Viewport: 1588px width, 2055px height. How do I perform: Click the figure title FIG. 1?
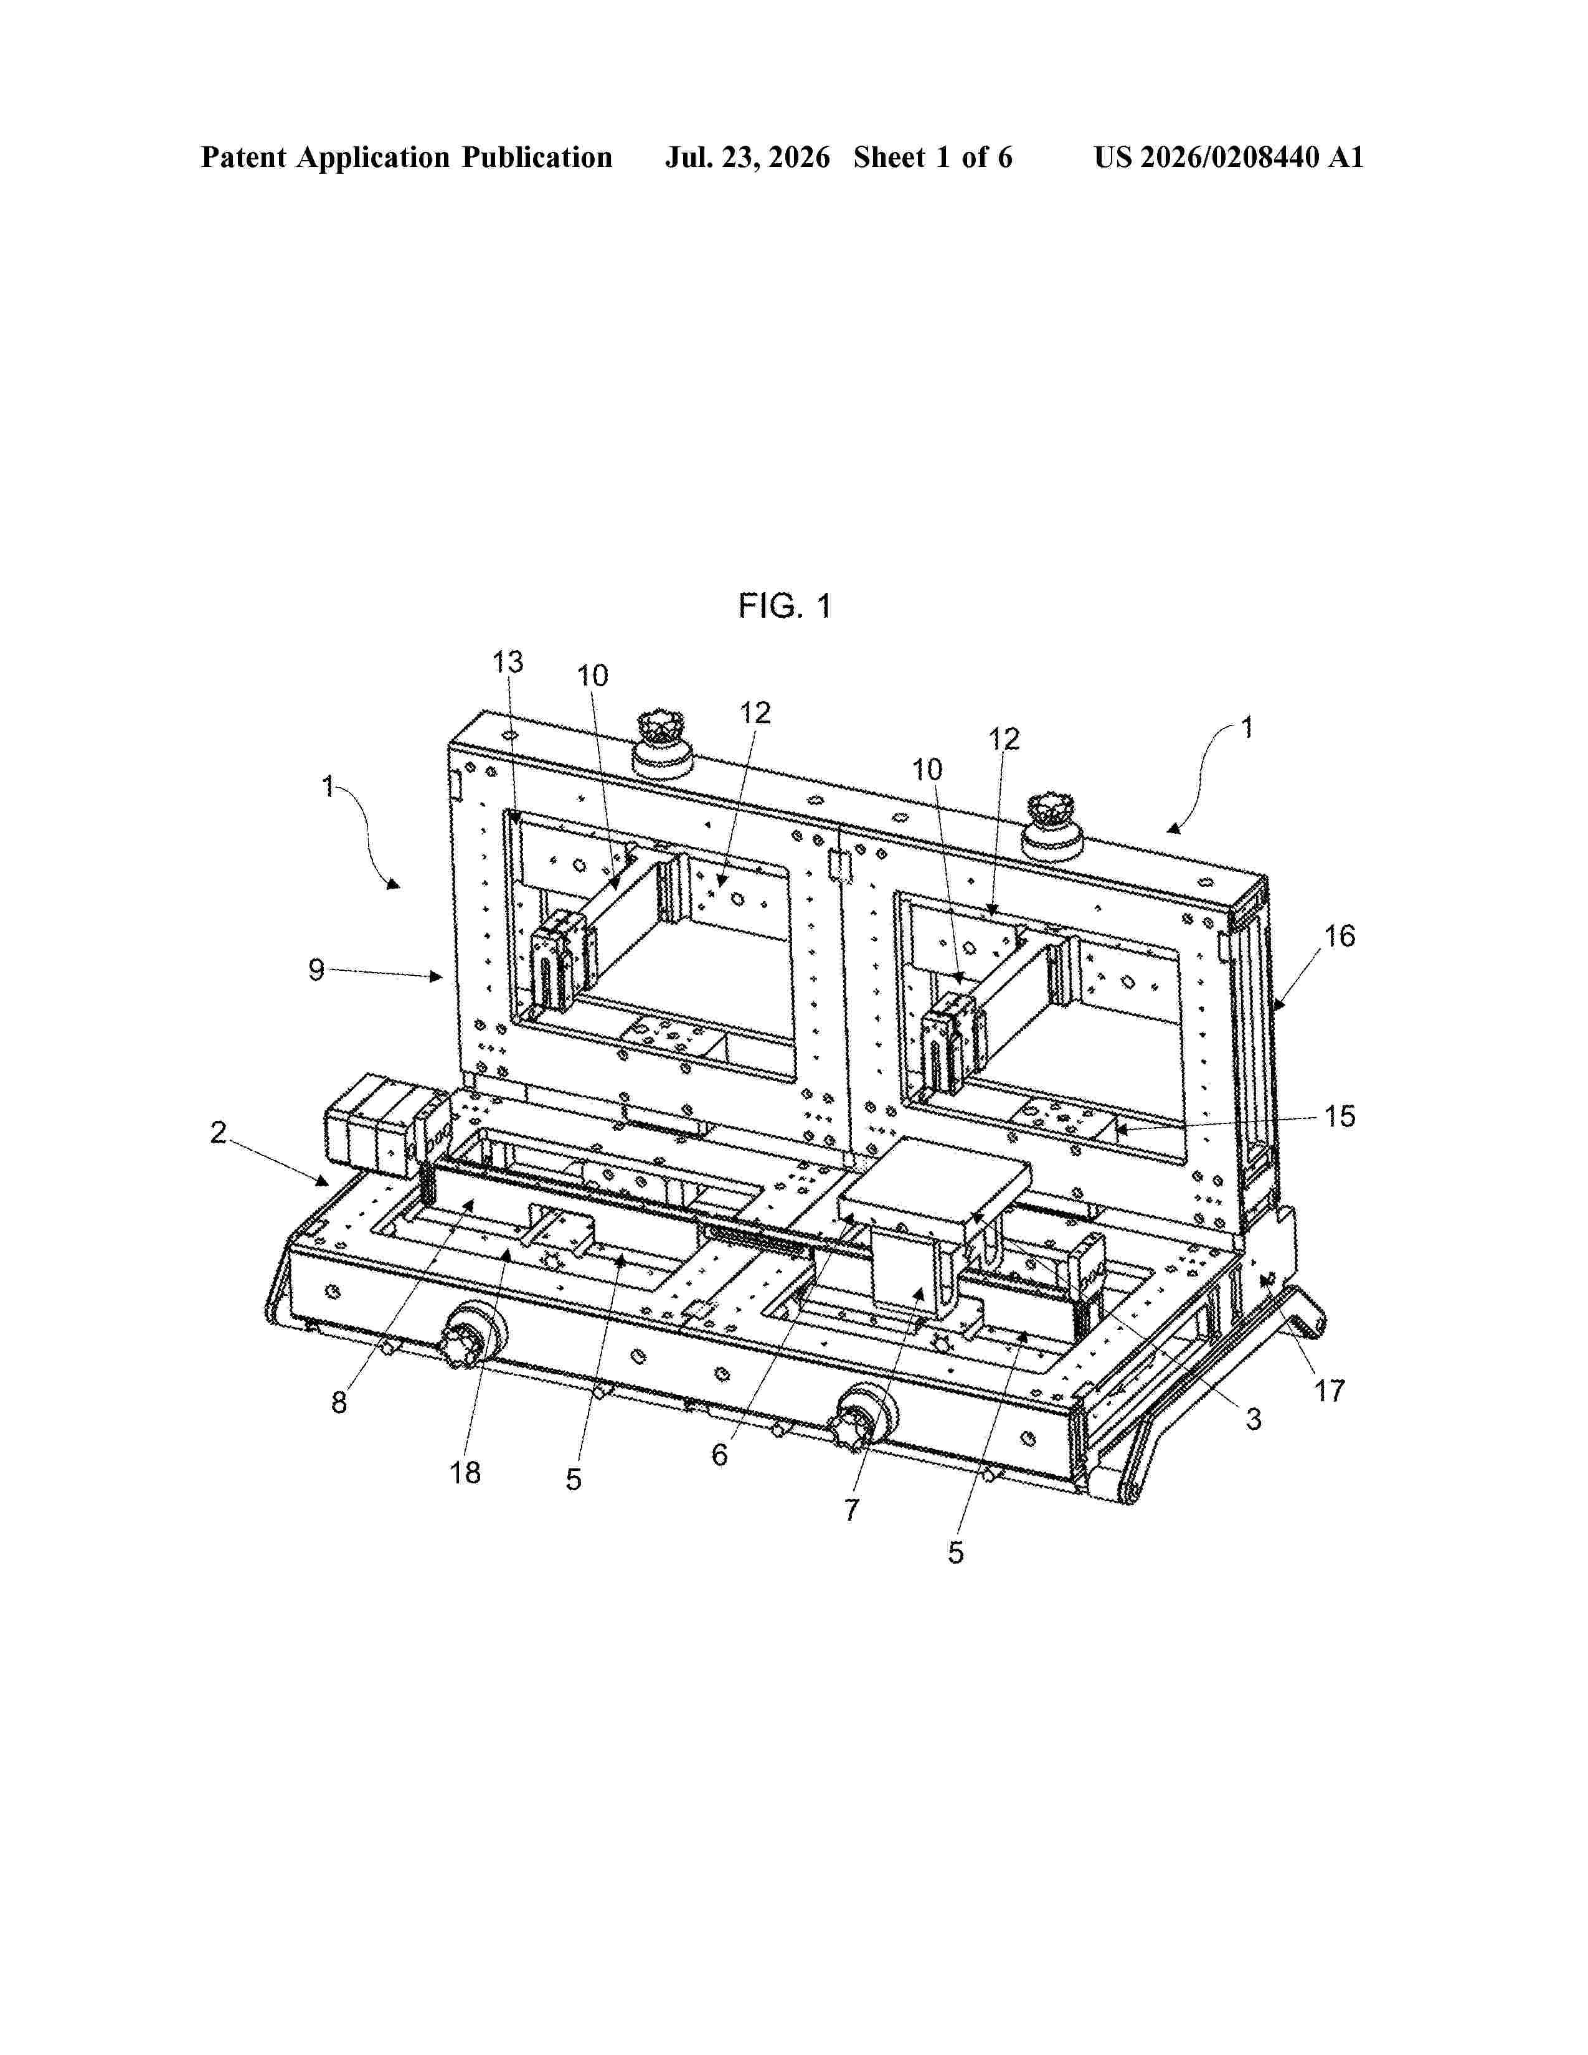[785, 606]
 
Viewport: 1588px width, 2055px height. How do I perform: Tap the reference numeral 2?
[218, 1132]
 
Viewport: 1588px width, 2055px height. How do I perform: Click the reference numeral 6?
[720, 1455]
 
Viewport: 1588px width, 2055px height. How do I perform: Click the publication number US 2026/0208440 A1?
[1229, 157]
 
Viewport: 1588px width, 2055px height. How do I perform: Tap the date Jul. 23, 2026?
[748, 157]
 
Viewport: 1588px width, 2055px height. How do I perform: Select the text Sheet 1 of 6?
[933, 157]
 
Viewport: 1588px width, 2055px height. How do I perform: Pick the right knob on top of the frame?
[1052, 825]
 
